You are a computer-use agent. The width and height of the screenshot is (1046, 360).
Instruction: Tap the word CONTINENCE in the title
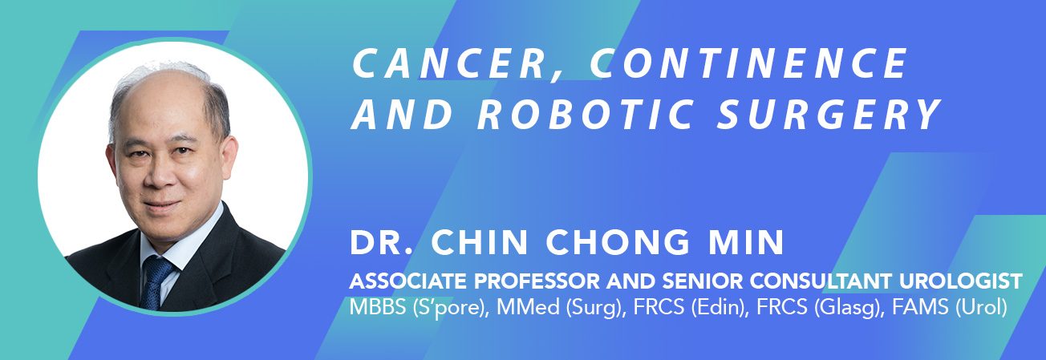(x=748, y=63)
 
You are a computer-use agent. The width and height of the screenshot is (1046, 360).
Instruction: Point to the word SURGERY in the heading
(x=829, y=114)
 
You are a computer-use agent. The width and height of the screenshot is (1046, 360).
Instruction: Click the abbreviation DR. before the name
(x=382, y=242)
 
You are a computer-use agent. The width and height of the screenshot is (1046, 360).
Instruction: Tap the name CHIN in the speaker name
(x=480, y=242)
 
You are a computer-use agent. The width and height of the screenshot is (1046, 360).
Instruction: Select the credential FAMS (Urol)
(x=950, y=308)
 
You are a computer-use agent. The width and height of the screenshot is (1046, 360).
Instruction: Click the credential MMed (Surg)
(x=561, y=308)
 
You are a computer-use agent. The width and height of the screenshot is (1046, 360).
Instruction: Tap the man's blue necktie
(x=156, y=282)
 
